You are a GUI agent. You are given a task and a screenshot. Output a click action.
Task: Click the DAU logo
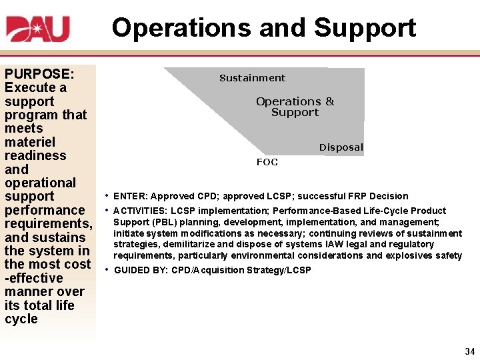[x=38, y=29]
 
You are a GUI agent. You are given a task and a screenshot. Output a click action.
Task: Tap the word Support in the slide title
[x=365, y=28]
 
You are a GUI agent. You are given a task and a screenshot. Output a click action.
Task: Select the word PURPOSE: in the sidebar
[x=39, y=73]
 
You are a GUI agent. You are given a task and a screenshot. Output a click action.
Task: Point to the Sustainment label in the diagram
[x=252, y=78]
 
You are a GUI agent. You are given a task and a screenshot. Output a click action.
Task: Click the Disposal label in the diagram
[x=341, y=147]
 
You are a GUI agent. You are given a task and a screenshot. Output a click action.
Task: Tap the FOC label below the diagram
[x=267, y=162]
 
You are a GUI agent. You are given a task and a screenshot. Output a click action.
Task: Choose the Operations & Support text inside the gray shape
[x=295, y=107]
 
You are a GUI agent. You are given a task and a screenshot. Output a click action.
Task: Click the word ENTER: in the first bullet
[x=131, y=196]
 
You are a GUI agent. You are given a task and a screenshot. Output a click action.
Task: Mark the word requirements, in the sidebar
[x=47, y=223]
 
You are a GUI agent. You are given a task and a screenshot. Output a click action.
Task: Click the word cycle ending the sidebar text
[x=21, y=319]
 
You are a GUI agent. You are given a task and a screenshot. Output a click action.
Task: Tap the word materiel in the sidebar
[x=30, y=142]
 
